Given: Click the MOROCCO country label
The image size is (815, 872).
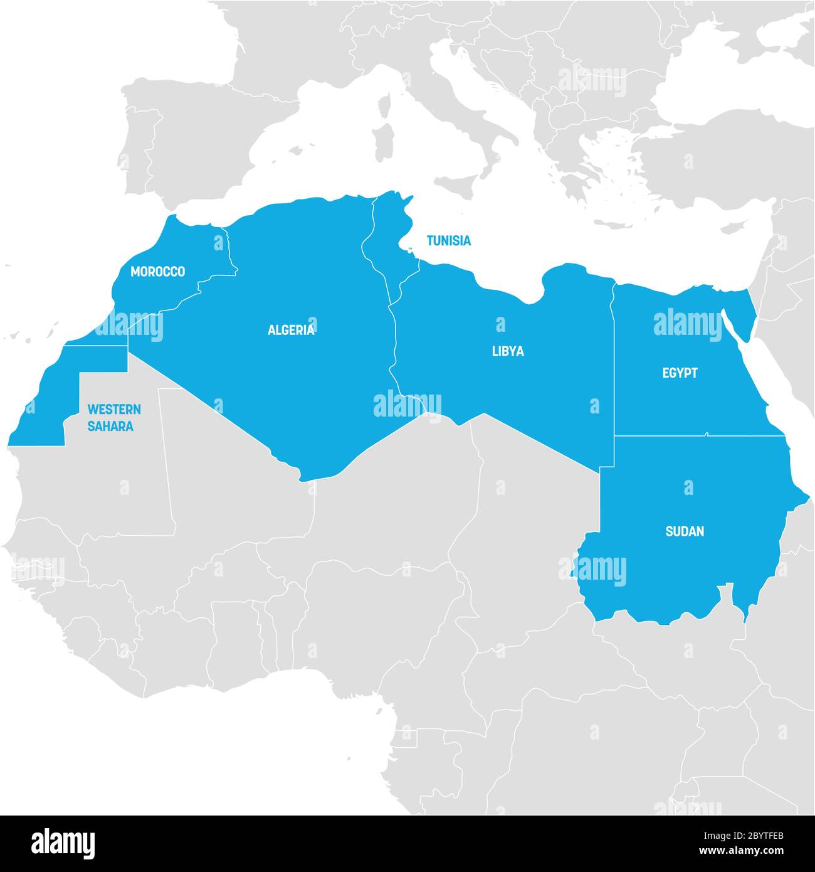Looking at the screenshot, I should tap(157, 272).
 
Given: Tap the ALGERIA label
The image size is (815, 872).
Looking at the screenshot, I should tap(291, 330).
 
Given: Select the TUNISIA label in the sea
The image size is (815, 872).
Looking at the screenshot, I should tap(448, 240).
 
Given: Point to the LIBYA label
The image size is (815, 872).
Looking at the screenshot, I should tap(508, 351).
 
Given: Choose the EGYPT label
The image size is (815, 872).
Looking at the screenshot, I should tap(680, 373).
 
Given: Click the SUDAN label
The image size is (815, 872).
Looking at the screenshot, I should tap(685, 531).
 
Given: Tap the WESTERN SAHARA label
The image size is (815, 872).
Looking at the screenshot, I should tap(113, 418).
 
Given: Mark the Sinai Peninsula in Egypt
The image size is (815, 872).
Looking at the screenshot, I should tap(740, 307).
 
